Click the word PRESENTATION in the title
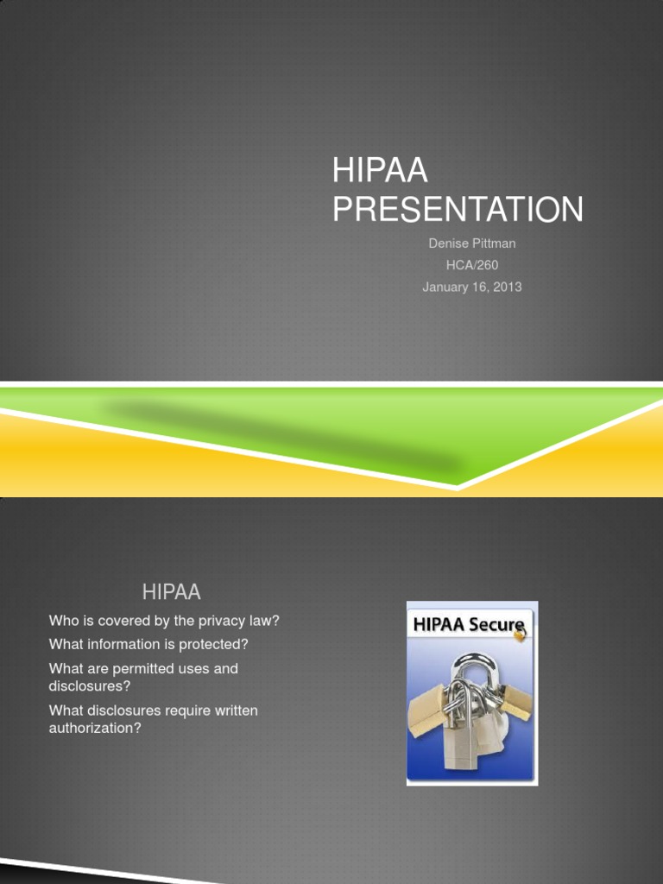point(458,209)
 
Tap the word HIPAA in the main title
point(380,170)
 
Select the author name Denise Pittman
point(472,243)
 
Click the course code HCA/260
point(472,265)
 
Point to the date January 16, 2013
point(472,287)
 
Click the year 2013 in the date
point(508,287)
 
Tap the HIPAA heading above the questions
point(172,592)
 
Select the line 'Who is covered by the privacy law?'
point(164,621)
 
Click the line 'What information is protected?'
point(148,644)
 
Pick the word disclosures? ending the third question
point(90,686)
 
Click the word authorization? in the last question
point(95,728)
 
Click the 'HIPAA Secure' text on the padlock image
point(469,625)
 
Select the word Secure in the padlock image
point(496,625)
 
